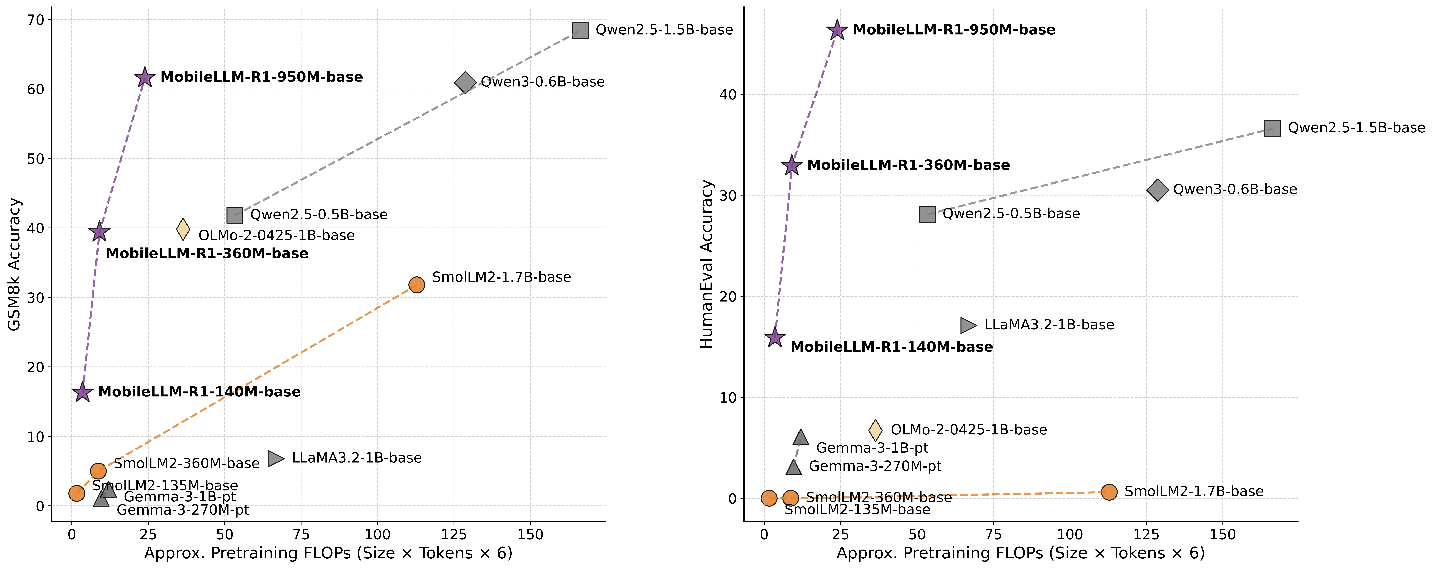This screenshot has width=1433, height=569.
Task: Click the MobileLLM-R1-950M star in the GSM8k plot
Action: pyautogui.click(x=145, y=77)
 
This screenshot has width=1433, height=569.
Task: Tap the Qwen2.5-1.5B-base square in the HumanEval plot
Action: pyautogui.click(x=1272, y=128)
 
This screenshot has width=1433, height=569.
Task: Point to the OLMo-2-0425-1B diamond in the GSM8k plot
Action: pyautogui.click(x=183, y=229)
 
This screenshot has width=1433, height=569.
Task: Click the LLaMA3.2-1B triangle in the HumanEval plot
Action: pyautogui.click(x=969, y=325)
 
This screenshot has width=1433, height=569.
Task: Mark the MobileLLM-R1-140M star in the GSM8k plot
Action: pyautogui.click(x=82, y=392)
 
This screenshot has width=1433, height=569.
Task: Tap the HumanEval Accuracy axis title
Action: pyautogui.click(x=706, y=265)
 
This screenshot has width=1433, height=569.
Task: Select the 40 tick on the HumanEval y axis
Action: pyautogui.click(x=728, y=94)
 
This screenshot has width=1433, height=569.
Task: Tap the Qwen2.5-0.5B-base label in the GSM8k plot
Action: pyautogui.click(x=319, y=214)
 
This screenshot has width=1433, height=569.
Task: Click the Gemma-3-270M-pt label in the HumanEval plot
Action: pyautogui.click(x=875, y=466)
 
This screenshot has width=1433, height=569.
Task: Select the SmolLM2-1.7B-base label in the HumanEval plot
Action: pyautogui.click(x=1194, y=492)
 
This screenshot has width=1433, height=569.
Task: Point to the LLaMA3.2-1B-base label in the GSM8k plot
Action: pyautogui.click(x=357, y=458)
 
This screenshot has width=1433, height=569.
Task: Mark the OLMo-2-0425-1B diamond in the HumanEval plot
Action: pyautogui.click(x=875, y=430)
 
